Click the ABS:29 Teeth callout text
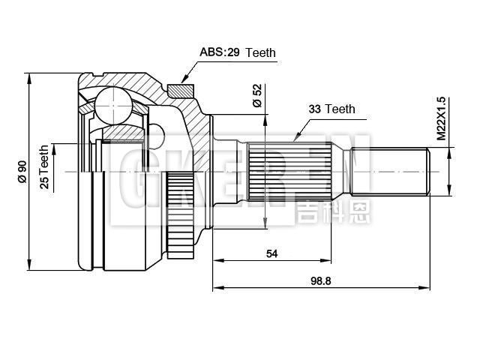point(238,53)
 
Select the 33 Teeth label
point(331,109)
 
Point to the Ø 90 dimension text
point(22,172)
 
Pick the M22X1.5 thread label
point(441,118)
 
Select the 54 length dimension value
point(271,253)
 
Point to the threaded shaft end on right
point(397,172)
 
